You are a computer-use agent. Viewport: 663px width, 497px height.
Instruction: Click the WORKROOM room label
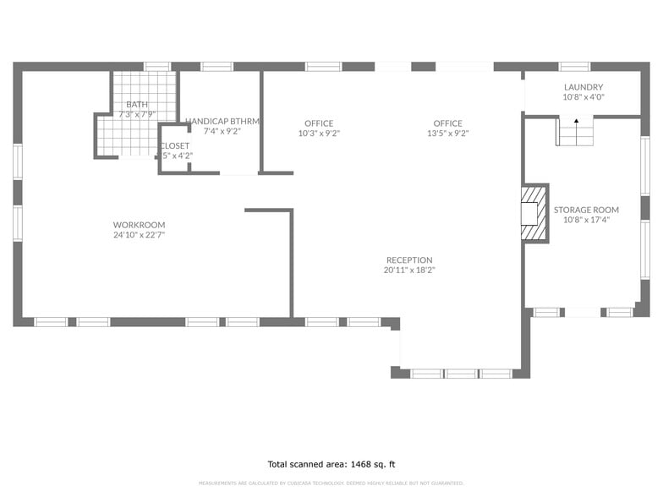[x=139, y=225]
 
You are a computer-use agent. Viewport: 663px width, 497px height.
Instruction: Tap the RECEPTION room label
[x=409, y=260]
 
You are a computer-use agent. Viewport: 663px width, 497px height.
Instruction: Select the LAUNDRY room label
[x=584, y=87]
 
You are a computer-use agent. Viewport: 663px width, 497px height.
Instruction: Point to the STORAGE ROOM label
[x=586, y=210]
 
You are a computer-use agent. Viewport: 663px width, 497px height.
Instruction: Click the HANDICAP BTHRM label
[x=222, y=122]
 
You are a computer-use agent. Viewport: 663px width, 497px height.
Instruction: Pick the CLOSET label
[x=175, y=145]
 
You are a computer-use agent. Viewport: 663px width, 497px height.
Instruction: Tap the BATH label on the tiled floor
[x=137, y=104]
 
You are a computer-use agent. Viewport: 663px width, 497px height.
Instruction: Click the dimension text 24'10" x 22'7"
[x=139, y=235]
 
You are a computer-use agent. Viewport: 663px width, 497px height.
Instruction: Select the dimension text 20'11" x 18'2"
[x=409, y=270]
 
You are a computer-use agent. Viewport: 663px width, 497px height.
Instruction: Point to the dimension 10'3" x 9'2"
[x=319, y=134]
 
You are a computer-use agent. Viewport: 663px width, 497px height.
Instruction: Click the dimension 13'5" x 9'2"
[x=447, y=134]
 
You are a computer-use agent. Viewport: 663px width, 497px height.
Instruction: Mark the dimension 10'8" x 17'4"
[x=586, y=220]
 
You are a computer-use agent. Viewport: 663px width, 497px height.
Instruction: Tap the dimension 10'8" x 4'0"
[x=584, y=97]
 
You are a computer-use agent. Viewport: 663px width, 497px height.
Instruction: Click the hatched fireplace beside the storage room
[x=533, y=213]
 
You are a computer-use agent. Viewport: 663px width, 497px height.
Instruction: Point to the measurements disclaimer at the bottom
[x=331, y=483]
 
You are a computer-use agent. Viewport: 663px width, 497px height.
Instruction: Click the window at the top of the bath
[x=156, y=66]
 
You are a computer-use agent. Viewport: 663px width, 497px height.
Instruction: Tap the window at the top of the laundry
[x=574, y=66]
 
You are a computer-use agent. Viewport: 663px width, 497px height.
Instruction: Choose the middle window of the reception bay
[x=461, y=373]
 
